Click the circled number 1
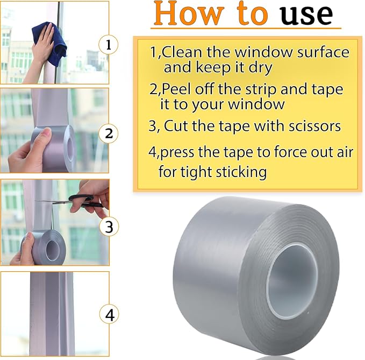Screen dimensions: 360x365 (x=109, y=45)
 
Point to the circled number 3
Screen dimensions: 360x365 (x=109, y=227)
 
